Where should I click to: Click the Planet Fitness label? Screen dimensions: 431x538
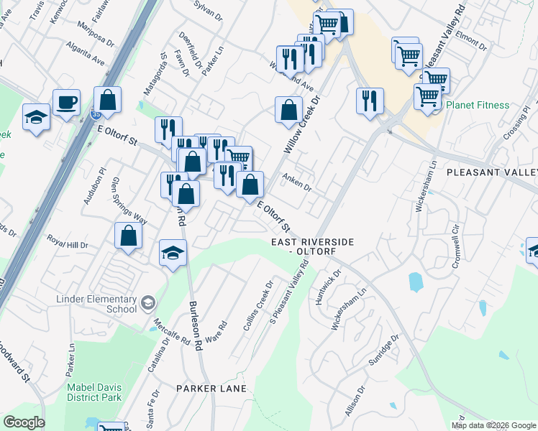(x=478, y=106)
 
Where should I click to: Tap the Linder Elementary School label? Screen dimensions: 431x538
(x=97, y=304)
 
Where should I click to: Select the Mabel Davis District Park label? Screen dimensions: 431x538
(x=94, y=391)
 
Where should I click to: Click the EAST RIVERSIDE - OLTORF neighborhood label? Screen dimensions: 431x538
(x=312, y=247)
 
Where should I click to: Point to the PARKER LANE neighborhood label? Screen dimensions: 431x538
(x=211, y=389)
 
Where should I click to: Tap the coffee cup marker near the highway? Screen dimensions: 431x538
(x=66, y=102)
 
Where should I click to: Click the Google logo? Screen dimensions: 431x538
(x=23, y=422)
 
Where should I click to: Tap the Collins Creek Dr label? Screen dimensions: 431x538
(x=259, y=305)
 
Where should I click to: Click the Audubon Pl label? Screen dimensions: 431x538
(x=94, y=186)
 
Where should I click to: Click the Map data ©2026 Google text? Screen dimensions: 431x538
(x=493, y=425)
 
